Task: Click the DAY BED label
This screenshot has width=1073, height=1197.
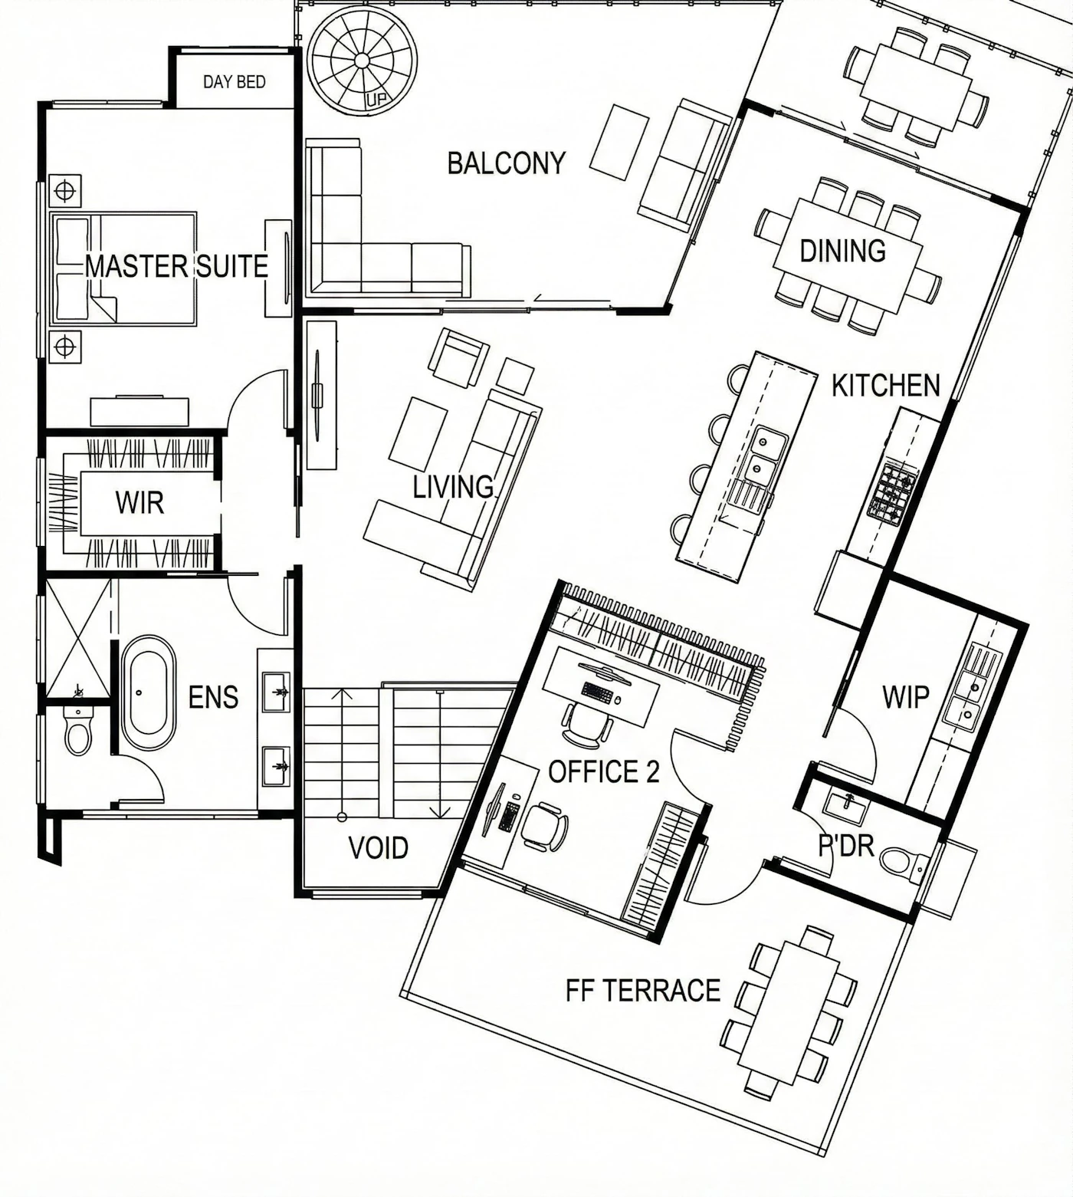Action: coord(235,81)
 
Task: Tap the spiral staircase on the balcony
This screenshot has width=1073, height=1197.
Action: coord(362,61)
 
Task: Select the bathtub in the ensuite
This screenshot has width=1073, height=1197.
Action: coord(148,692)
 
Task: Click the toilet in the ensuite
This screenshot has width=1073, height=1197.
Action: coord(77,731)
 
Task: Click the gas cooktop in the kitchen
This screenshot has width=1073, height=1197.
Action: coord(893,492)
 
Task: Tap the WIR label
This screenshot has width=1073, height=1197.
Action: coord(139,503)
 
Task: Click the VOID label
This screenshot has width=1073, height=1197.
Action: coord(378,848)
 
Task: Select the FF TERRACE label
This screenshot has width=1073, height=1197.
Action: coord(643,991)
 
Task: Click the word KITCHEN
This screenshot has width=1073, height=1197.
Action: coord(886,386)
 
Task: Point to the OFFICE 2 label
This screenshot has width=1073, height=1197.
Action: coord(604,772)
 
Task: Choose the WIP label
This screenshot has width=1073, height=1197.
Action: coord(906,697)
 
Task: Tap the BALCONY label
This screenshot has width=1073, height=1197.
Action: coord(506,163)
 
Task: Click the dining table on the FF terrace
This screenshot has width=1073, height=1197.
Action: coord(790,1011)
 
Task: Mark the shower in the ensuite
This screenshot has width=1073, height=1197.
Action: coord(78,638)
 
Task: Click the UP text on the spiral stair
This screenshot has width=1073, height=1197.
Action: coord(376,100)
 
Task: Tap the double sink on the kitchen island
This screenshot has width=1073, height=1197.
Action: coord(767,454)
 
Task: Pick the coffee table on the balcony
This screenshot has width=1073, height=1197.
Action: coord(619,143)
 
